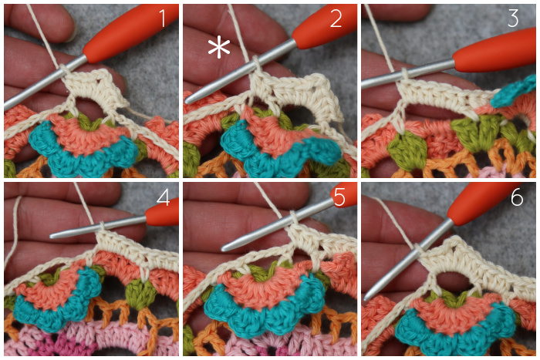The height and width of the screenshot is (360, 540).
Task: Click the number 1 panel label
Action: tap(163, 19)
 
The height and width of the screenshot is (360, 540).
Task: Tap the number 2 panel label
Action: tap(336, 19)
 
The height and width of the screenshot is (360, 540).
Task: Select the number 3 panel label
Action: tap(513, 19)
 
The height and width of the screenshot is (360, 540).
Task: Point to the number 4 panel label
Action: tap(163, 197)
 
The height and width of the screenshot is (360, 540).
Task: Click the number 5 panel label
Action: tap(339, 197)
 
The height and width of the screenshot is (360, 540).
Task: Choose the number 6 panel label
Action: tap(517, 197)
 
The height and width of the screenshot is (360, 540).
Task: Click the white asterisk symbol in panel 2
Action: tap(219, 49)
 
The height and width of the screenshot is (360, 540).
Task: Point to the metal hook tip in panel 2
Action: tap(187, 100)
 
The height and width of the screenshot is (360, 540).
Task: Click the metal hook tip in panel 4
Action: tap(52, 235)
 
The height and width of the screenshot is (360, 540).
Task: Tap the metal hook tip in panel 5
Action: tap(224, 247)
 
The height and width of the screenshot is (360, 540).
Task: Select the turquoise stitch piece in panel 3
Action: tap(512, 91)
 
